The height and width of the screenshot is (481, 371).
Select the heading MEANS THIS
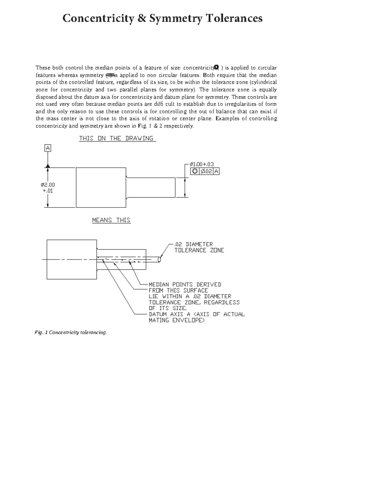[x=111, y=220]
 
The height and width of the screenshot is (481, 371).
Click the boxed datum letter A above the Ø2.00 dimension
[x=48, y=148]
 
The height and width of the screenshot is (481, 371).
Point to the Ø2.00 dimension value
[x=48, y=185]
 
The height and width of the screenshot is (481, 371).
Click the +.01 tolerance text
[x=48, y=191]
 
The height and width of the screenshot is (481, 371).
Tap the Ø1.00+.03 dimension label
[x=202, y=164]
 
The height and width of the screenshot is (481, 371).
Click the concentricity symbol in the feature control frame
[x=195, y=171]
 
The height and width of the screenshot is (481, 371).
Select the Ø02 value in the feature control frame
[x=206, y=171]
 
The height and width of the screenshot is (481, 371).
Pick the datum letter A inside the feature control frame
[x=216, y=171]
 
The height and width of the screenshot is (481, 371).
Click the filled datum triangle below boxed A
[x=48, y=166]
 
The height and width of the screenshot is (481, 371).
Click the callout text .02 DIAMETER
[x=194, y=244]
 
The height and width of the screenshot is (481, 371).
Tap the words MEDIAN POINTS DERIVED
[x=185, y=284]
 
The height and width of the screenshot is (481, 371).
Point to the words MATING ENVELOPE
[x=177, y=320]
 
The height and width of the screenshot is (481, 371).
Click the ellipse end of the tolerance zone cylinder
[x=159, y=259]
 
